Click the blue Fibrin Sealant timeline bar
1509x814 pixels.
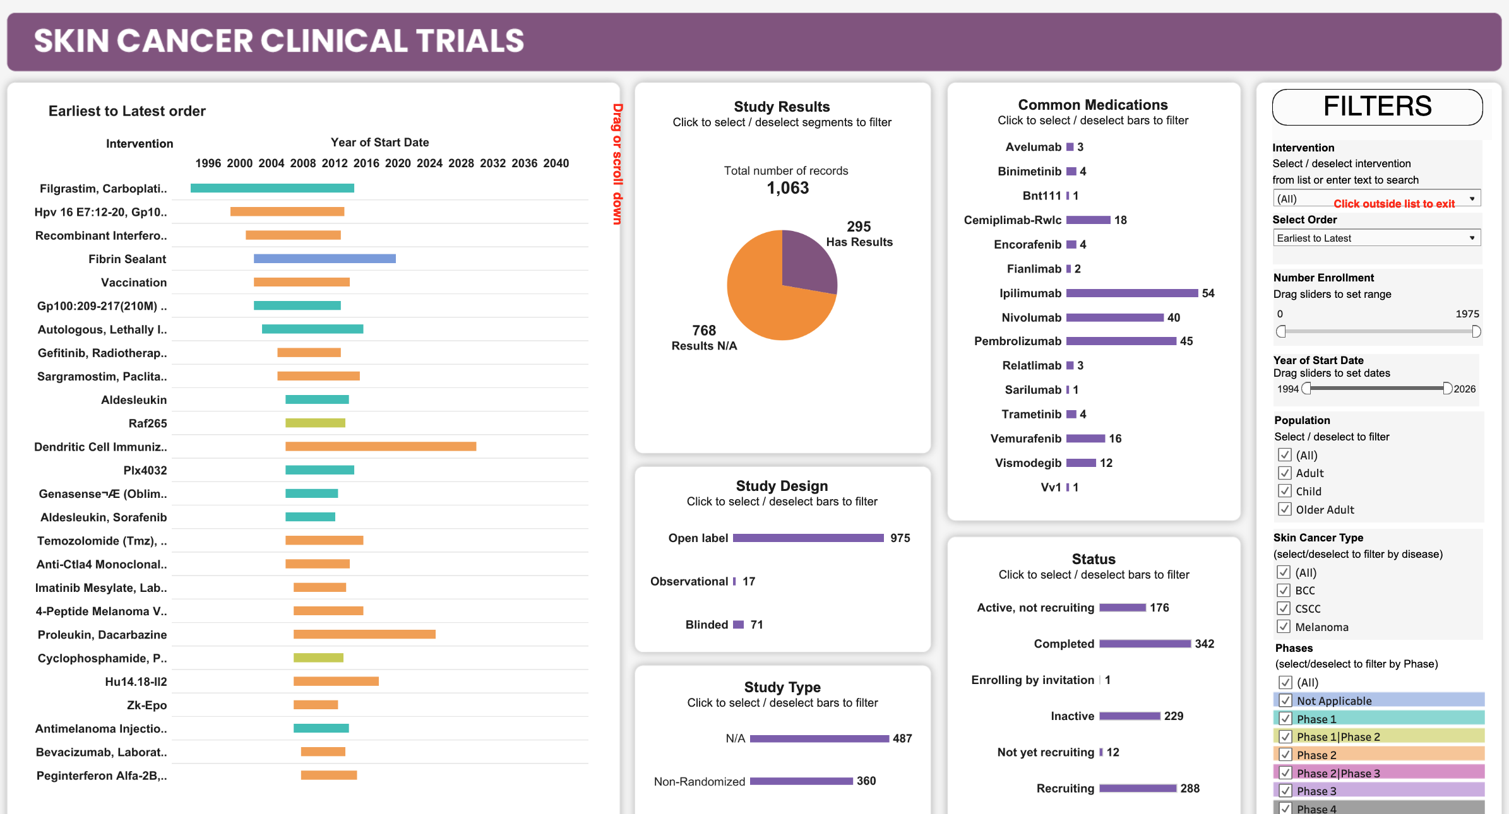tap(325, 259)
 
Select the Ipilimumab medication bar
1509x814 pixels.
tap(1131, 293)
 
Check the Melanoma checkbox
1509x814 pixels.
tap(1284, 627)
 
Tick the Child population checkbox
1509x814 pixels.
tap(1284, 491)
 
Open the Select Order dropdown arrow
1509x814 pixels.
tap(1472, 238)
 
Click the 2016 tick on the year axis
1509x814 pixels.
tap(366, 163)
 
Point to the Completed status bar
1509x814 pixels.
tap(1145, 644)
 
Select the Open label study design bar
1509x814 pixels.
tap(808, 538)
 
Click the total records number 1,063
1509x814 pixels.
tap(787, 188)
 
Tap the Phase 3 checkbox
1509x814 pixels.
tap(1285, 791)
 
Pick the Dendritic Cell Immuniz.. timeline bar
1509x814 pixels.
tap(381, 447)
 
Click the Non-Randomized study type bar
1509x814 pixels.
tap(801, 781)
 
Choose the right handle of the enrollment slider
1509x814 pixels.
tap(1476, 331)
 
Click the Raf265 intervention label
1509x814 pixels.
tap(148, 423)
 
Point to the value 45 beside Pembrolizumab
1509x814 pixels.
tap(1186, 341)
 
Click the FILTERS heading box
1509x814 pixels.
tap(1377, 107)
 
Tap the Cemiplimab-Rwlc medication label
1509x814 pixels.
tap(1012, 220)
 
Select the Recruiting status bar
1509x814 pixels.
tap(1138, 789)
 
